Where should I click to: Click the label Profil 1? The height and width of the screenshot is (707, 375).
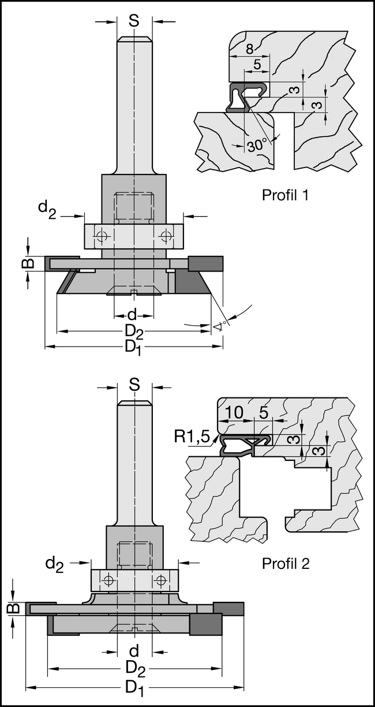click(286, 195)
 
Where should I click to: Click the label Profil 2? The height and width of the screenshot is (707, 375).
click(286, 563)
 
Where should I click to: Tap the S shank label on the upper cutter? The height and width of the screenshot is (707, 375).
click(134, 21)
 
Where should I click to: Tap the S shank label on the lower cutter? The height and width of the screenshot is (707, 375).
click(134, 385)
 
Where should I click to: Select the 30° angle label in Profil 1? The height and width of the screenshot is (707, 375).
click(257, 145)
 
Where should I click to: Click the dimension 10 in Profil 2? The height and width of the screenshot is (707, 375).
click(234, 413)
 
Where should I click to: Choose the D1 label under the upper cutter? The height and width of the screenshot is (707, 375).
click(133, 347)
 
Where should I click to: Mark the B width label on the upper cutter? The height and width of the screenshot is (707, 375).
click(27, 263)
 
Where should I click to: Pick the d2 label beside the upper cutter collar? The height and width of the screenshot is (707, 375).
click(47, 209)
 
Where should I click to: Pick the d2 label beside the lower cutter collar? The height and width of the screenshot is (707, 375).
click(54, 565)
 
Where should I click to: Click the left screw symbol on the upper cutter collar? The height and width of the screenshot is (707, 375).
click(102, 235)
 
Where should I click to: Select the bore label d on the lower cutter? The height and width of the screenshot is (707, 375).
click(134, 652)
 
